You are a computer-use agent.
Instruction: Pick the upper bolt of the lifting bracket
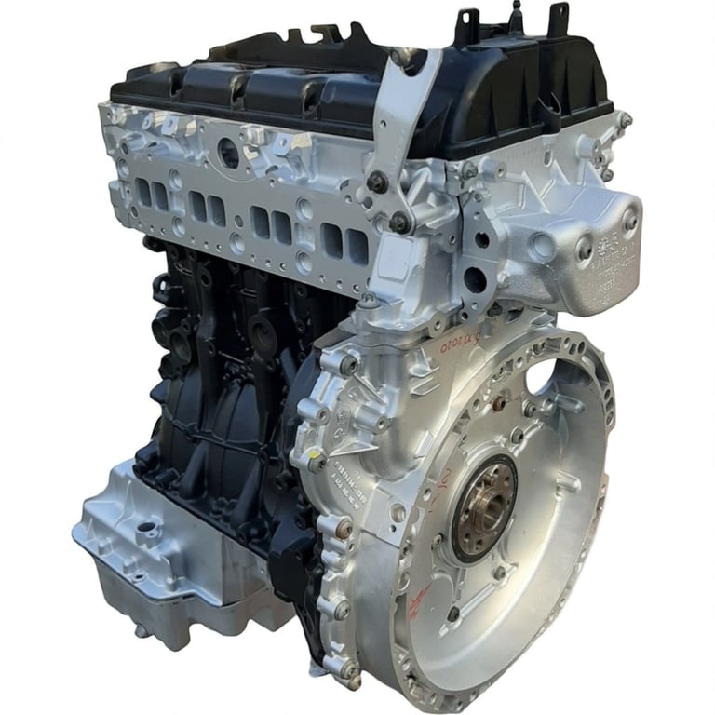click(377, 181)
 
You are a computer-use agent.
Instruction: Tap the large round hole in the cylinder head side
click(227, 155)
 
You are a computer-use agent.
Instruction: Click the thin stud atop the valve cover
click(516, 13)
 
